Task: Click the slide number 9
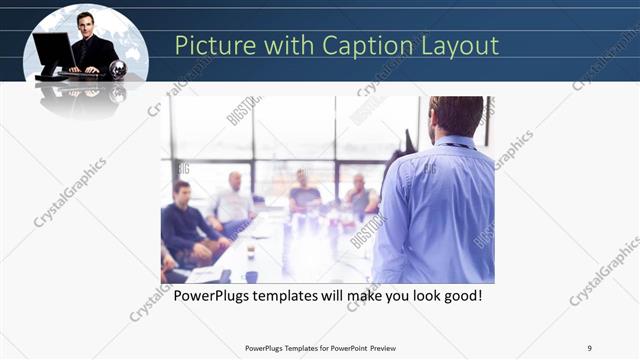589,348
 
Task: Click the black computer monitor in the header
52,50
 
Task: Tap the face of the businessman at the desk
86,23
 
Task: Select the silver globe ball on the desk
119,69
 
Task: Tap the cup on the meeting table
250,253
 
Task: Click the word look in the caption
437,297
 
